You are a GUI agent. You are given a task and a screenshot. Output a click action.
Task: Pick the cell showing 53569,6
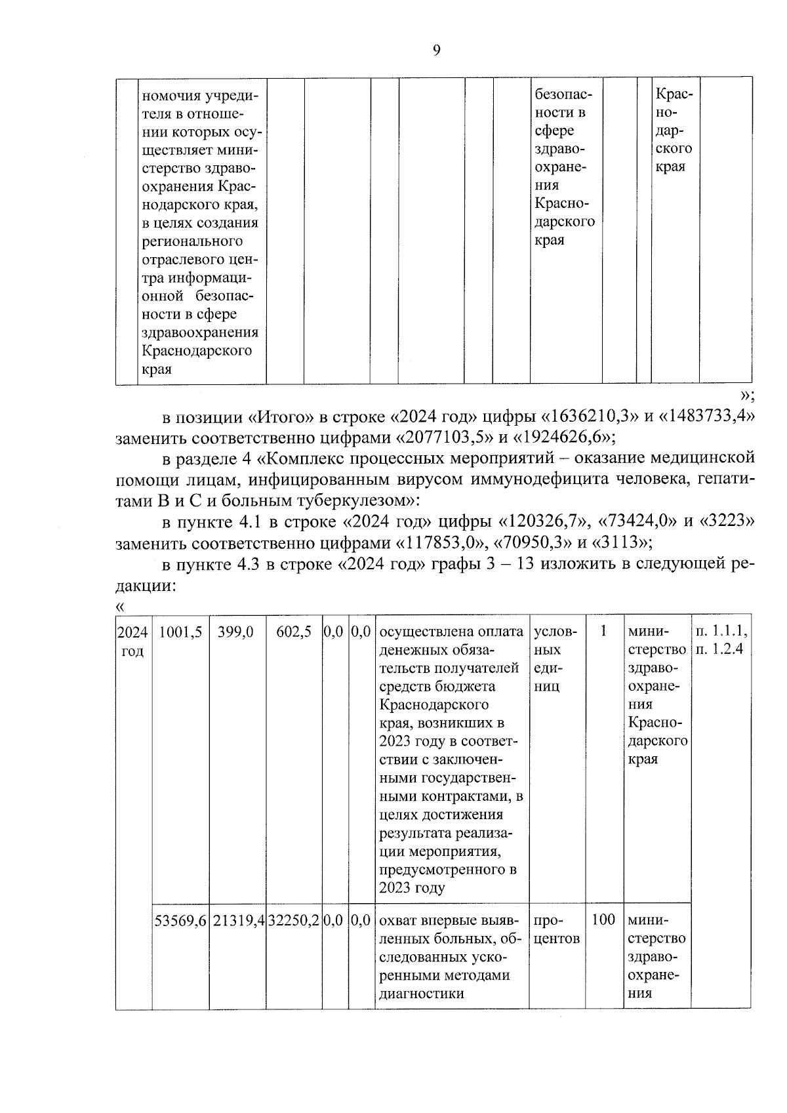180,920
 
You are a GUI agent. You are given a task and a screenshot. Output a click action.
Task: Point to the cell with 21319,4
237,920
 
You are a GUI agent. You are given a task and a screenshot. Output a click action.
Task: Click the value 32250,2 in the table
293,920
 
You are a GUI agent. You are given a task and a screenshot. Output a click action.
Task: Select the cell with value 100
603,920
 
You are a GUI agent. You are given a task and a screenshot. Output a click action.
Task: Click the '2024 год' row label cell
133,641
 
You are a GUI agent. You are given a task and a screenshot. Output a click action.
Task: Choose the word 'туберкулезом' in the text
353,501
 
